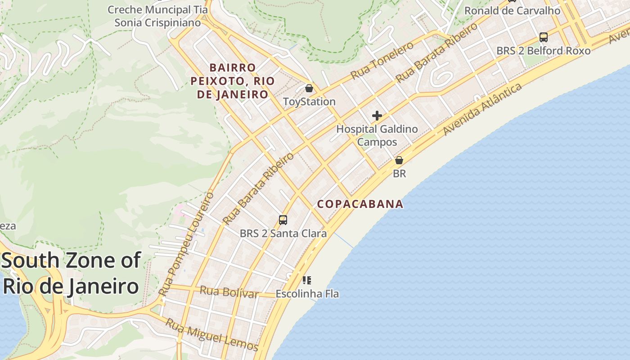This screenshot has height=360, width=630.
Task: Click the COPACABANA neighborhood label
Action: pos(360,204)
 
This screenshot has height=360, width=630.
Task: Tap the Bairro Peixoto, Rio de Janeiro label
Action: pos(232,81)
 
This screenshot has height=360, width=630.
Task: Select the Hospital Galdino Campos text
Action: pos(377,135)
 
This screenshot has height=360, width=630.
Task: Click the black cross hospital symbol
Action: pos(377,116)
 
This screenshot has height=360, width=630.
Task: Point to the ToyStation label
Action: pos(309,102)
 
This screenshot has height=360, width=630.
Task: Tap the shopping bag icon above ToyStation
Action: pos(309,88)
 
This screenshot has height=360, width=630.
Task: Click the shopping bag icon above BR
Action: pos(399,160)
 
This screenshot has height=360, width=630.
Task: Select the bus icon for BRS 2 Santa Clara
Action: pos(283,220)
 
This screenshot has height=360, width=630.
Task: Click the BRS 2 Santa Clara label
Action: pos(283,234)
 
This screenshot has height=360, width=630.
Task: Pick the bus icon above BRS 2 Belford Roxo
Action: pos(544,37)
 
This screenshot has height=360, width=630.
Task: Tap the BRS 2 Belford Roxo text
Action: pos(543,51)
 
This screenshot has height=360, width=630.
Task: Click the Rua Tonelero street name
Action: pos(382,61)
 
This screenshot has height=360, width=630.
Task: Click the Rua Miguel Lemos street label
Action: pos(211,335)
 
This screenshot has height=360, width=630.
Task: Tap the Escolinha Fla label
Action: pos(307,294)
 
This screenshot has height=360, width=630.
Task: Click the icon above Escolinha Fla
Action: pos(307,280)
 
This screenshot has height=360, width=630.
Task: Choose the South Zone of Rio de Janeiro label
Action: pos(71,273)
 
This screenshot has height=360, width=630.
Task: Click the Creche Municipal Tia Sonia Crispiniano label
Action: pos(157,16)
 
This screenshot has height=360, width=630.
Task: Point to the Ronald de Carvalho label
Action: pos(512,10)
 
